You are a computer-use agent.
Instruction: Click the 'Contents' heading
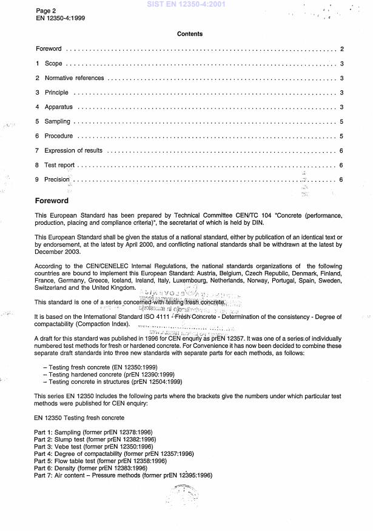coord(189,35)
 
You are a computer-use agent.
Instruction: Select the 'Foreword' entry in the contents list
coord(49,49)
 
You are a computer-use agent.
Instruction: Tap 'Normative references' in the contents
coord(75,79)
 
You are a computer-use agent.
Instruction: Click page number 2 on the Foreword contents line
coord(342,49)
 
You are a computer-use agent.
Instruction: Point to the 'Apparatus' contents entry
coord(58,107)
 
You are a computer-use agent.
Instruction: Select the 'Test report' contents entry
coord(59,165)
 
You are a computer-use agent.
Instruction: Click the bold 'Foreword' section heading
coord(52,201)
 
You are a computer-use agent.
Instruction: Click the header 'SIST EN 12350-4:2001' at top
coord(186,4)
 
